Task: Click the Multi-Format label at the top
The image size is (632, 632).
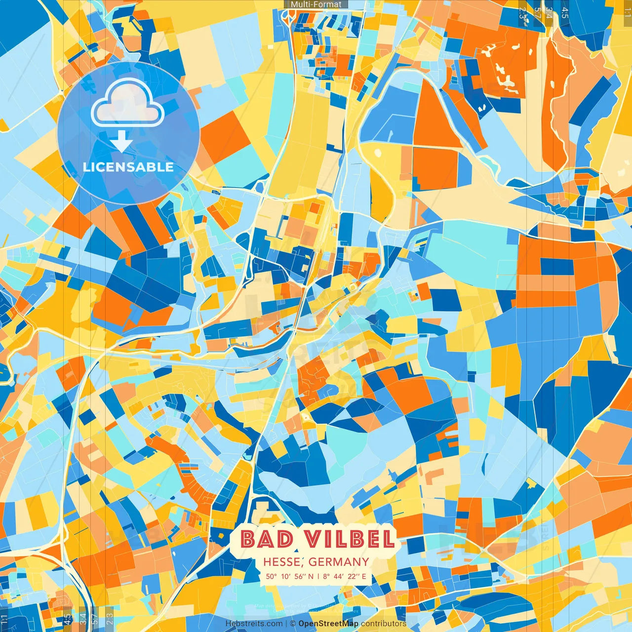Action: pyautogui.click(x=316, y=4)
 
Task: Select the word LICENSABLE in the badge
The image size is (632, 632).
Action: pyautogui.click(x=128, y=167)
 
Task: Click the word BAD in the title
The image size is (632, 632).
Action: pyautogui.click(x=267, y=539)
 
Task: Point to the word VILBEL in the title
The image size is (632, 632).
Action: pyautogui.click(x=349, y=539)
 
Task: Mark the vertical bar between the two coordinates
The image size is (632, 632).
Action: pyautogui.click(x=318, y=576)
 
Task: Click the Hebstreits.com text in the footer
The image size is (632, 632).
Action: pyautogui.click(x=254, y=624)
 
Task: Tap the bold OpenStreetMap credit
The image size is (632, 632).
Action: pyautogui.click(x=328, y=624)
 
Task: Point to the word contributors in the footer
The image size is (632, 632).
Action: pyautogui.click(x=384, y=624)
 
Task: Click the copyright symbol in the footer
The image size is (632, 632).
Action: pyautogui.click(x=292, y=624)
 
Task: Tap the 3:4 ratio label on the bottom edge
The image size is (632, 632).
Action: pyautogui.click(x=83, y=618)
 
